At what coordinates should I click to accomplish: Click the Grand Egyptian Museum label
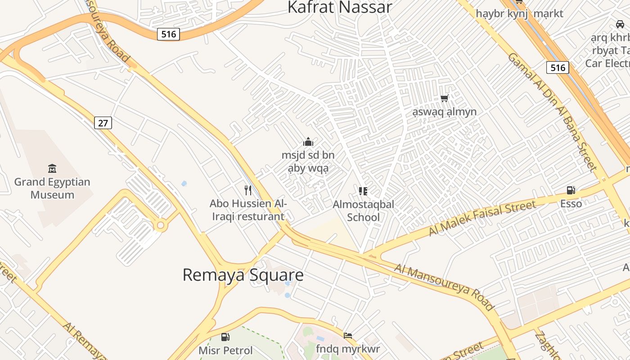(x=52, y=189)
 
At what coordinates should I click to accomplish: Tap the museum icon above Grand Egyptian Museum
(x=52, y=169)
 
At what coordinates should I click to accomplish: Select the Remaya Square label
(x=243, y=275)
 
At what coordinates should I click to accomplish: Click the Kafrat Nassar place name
(x=340, y=7)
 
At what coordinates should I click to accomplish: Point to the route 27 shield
(x=103, y=122)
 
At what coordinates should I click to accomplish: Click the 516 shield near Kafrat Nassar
(x=168, y=34)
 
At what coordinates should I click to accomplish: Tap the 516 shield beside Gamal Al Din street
(x=558, y=67)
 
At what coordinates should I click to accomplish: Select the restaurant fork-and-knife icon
(x=247, y=190)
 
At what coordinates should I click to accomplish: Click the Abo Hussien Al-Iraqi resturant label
(x=248, y=210)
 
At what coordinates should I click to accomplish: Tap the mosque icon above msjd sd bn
(x=308, y=142)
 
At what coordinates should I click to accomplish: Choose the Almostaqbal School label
(x=364, y=211)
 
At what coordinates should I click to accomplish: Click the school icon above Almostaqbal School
(x=363, y=191)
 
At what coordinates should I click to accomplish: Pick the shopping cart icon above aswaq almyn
(x=445, y=98)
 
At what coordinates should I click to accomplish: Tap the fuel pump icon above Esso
(x=571, y=190)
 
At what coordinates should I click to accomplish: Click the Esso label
(x=571, y=204)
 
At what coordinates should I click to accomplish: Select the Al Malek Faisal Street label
(x=482, y=218)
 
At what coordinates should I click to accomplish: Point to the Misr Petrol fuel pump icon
(x=225, y=337)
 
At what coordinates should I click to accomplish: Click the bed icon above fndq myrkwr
(x=348, y=335)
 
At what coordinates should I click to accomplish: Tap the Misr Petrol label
(x=225, y=350)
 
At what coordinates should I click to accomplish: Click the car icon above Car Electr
(x=620, y=24)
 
